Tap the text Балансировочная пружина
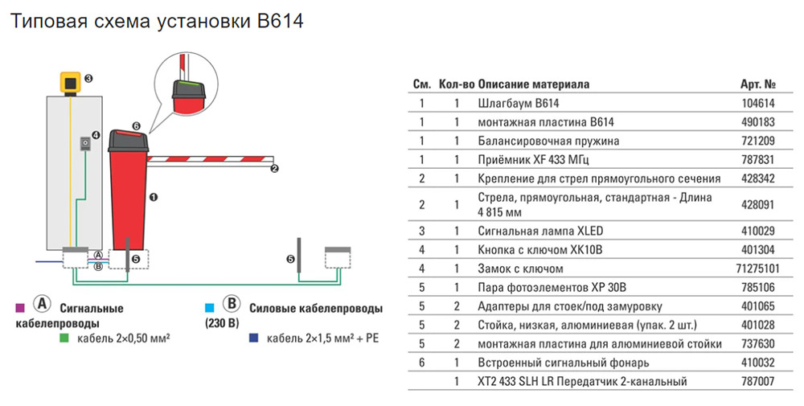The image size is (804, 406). [x=535, y=140]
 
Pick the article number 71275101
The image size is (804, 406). [x=757, y=269]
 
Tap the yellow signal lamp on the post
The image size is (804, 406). [x=72, y=82]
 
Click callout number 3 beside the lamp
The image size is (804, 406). [x=88, y=78]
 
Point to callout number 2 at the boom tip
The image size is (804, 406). [x=275, y=168]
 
